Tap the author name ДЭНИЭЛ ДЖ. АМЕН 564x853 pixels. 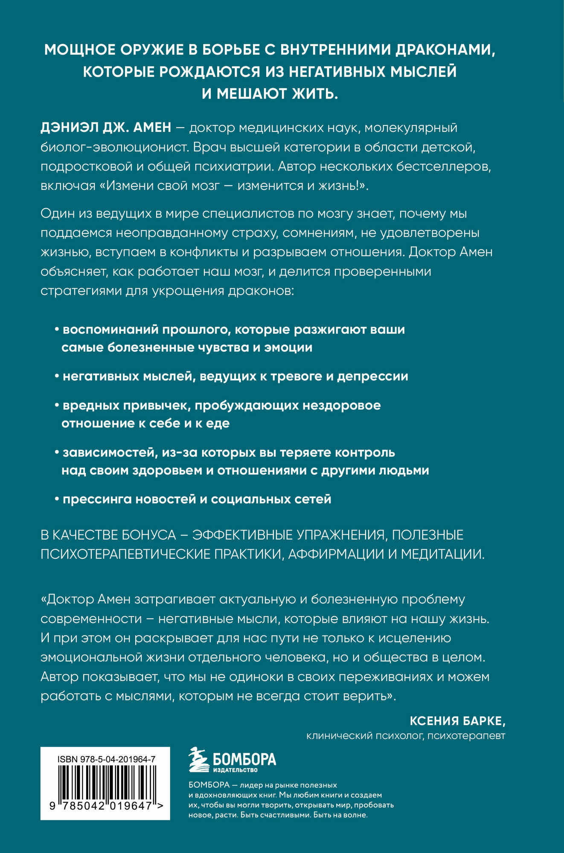(x=106, y=128)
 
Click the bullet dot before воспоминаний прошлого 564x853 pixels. (x=57, y=330)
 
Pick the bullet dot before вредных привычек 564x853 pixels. (x=57, y=406)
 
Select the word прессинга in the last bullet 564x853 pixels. (x=97, y=499)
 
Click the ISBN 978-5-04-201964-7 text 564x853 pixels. (x=105, y=760)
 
